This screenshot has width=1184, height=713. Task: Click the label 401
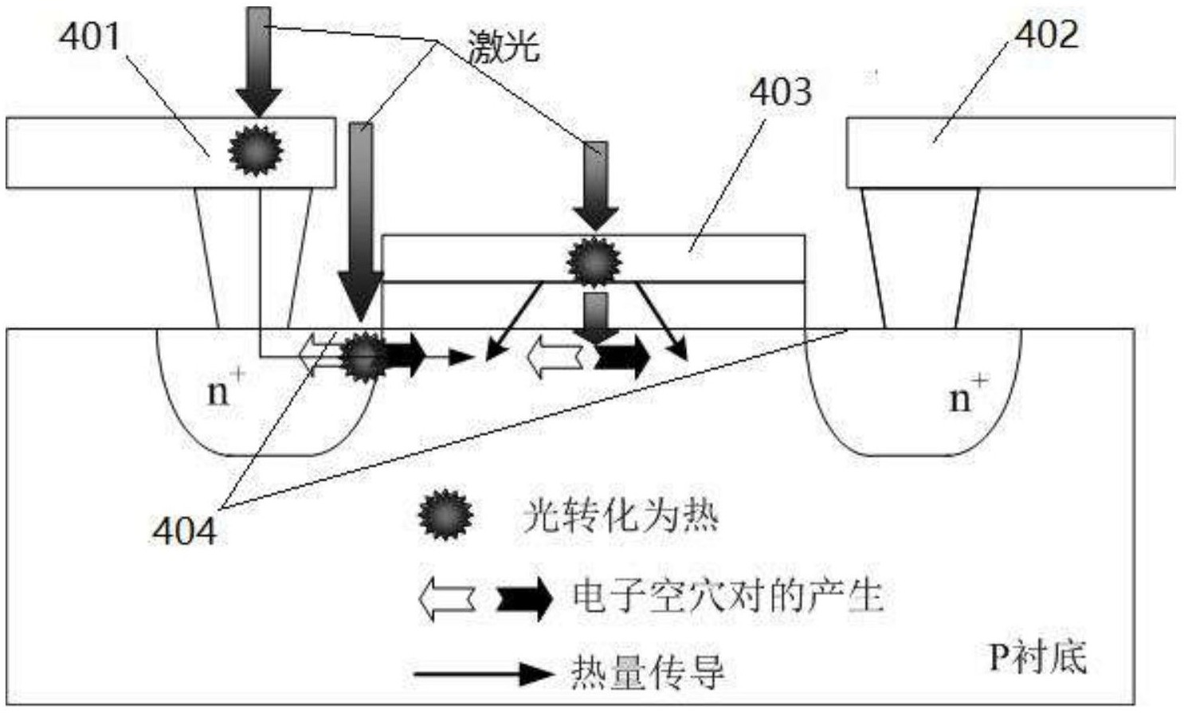click(x=90, y=37)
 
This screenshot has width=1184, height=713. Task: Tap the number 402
click(x=1046, y=34)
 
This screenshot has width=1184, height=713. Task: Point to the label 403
click(x=780, y=92)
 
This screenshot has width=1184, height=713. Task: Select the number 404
click(x=183, y=531)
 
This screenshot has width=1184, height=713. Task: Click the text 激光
click(x=504, y=45)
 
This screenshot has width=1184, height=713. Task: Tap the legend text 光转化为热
click(x=620, y=515)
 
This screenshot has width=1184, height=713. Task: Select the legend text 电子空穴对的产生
click(x=727, y=596)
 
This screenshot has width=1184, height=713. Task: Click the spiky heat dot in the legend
click(x=445, y=515)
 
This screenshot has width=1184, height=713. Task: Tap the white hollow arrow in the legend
click(x=447, y=597)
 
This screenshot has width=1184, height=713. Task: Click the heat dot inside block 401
click(x=256, y=150)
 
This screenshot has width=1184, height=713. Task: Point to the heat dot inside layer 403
click(x=594, y=261)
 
